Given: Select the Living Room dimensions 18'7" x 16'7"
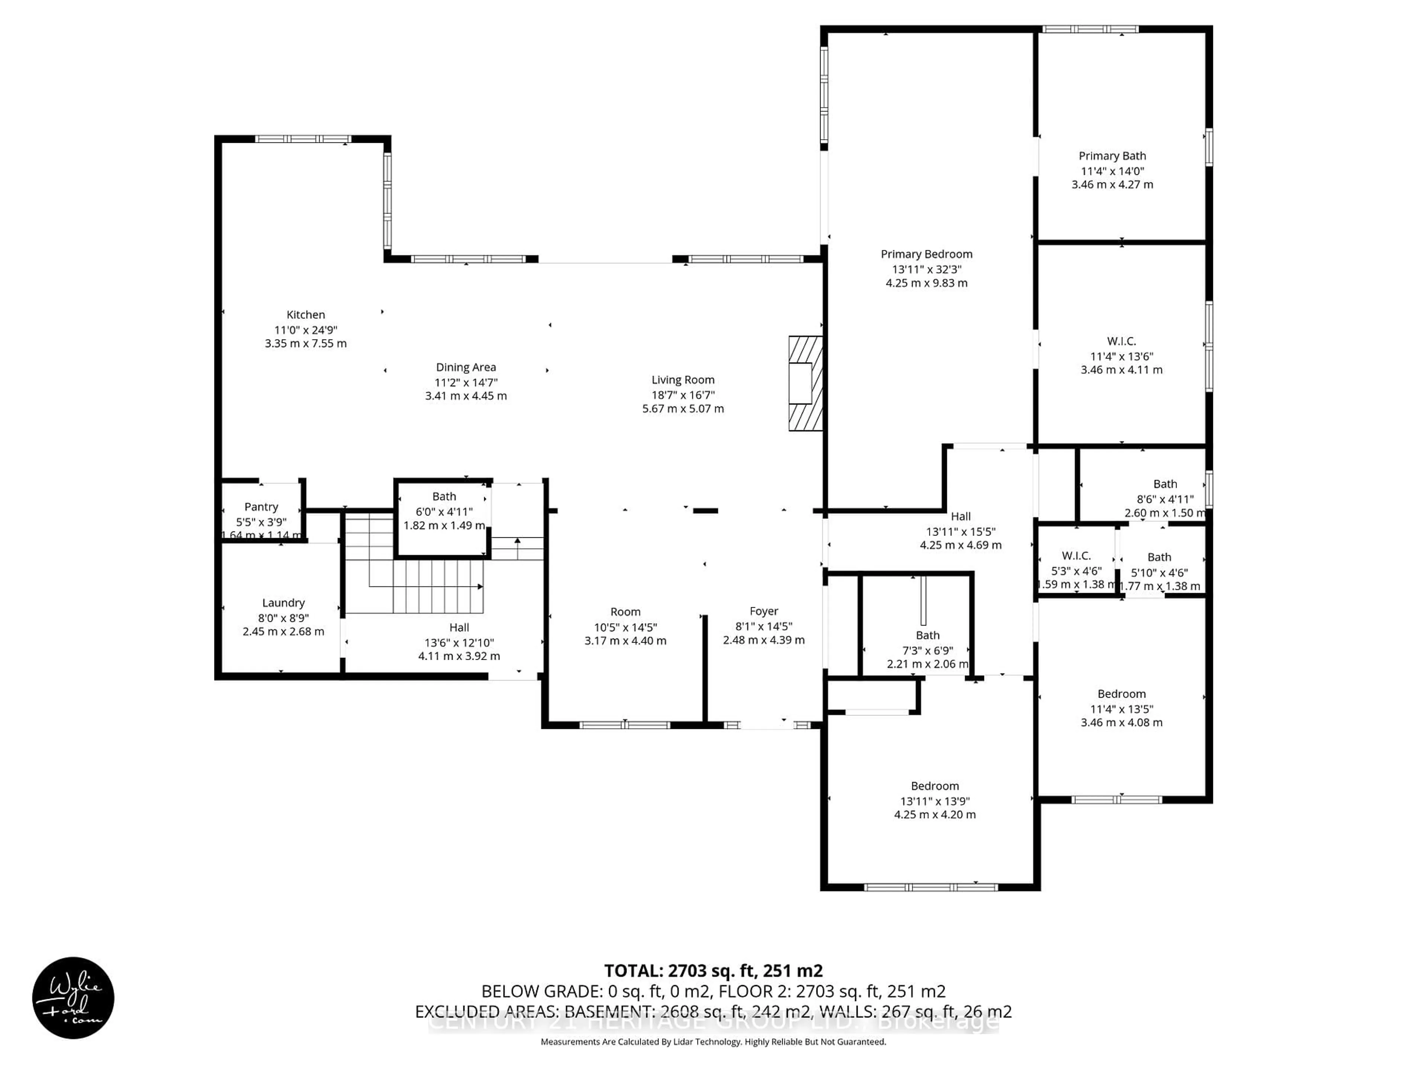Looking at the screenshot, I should point(683,395).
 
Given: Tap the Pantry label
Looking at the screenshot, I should point(261,507).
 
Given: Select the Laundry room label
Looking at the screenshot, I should point(283,602).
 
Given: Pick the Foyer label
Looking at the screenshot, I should point(763,611).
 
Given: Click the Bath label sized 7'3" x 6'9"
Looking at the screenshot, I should point(927,635).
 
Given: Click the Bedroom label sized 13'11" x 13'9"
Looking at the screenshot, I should point(934,786).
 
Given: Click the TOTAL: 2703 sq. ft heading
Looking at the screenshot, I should point(713,970).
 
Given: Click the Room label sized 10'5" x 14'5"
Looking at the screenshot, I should point(625,611).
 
